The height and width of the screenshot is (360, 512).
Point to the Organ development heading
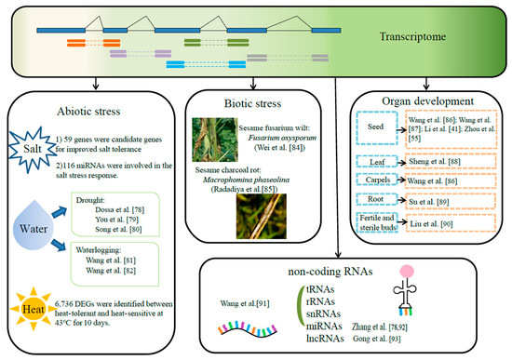(x=429, y=103)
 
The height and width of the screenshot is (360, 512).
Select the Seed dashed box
(x=383, y=135)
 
